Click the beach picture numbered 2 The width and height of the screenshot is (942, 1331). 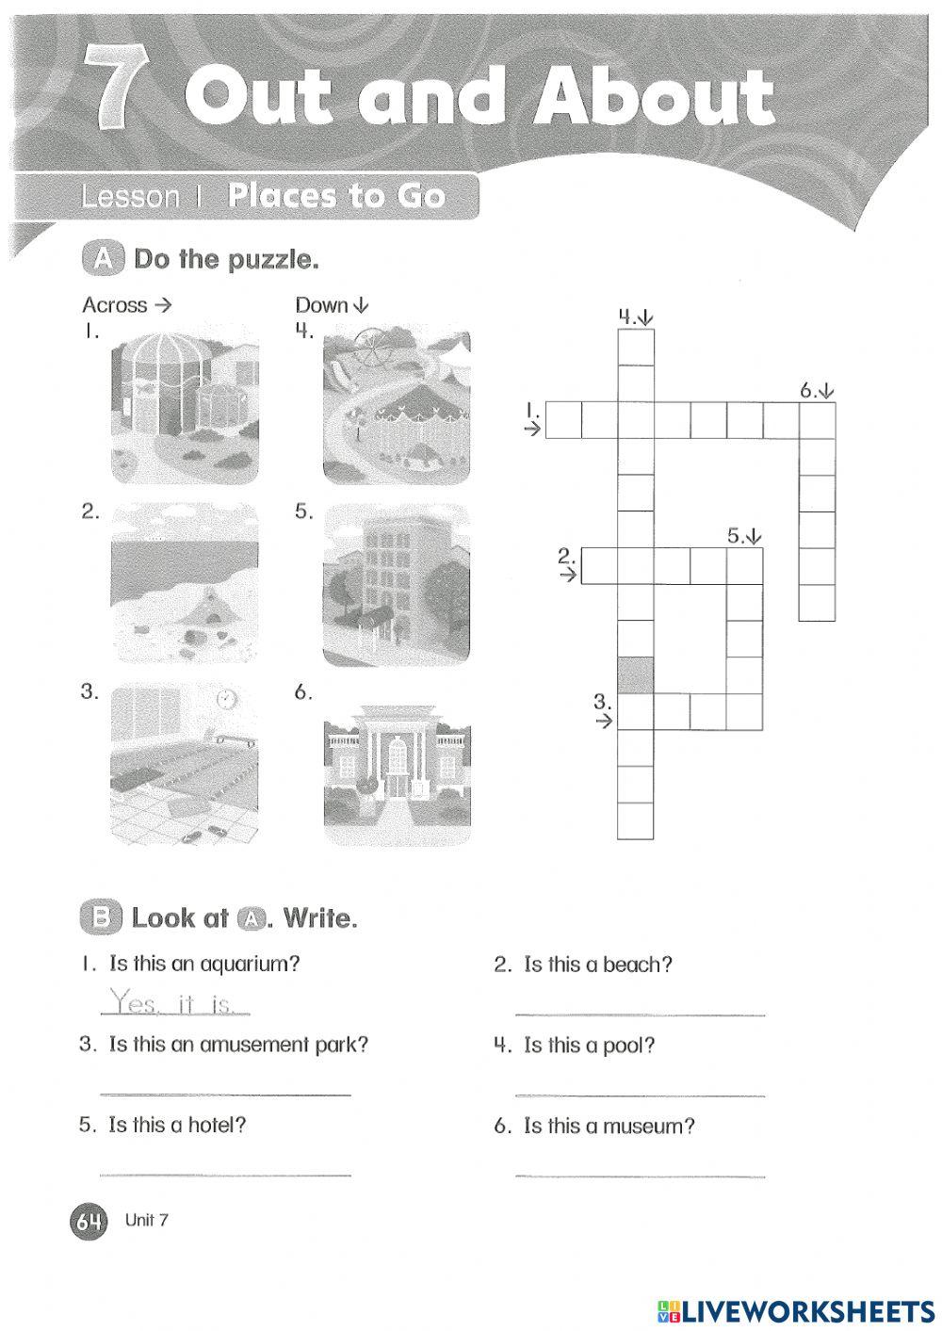point(185,584)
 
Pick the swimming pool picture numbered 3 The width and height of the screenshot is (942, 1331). point(185,765)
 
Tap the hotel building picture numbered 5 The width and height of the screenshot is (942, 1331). point(397,584)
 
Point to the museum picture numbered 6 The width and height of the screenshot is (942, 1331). point(397,765)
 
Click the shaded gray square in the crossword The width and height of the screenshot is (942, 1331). point(635,674)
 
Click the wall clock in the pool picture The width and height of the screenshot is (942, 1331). point(226,699)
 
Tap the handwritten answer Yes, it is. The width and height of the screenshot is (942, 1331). point(174,1001)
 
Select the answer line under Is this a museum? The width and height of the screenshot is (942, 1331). point(641,1176)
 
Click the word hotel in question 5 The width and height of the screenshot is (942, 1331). point(216,1125)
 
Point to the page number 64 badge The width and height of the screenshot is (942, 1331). point(88,1222)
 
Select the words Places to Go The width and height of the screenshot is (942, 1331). point(336,196)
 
